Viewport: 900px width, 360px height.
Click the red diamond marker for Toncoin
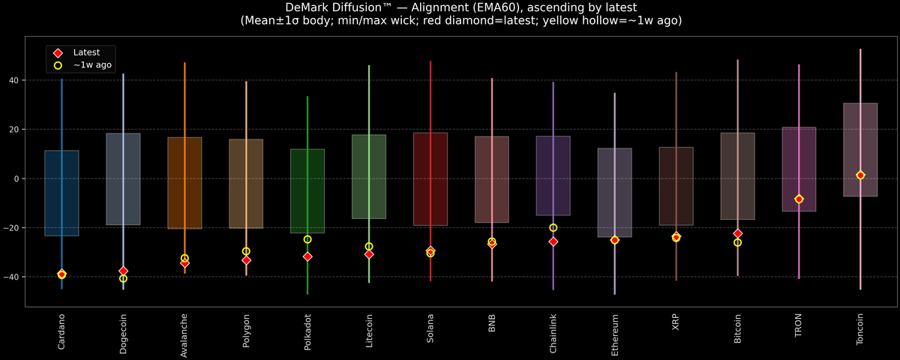click(860, 175)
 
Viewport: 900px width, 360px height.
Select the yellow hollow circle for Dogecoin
click(123, 278)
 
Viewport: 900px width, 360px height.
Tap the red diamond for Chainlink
click(553, 241)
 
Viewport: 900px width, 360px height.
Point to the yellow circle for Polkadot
click(307, 239)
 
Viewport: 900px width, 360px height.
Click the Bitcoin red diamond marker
click(738, 234)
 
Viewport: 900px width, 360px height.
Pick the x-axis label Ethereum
click(615, 334)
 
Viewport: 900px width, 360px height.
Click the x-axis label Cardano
click(61, 331)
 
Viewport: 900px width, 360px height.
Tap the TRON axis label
click(799, 325)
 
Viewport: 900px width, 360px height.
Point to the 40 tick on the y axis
click(13, 80)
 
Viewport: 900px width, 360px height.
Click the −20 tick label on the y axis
click(11, 228)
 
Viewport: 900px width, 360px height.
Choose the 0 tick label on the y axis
click(16, 178)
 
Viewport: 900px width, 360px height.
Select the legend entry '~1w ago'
click(92, 65)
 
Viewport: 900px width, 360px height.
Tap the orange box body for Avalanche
click(184, 183)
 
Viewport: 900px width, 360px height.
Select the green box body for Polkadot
click(307, 191)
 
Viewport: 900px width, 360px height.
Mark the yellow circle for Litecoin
click(369, 246)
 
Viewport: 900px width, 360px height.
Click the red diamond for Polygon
click(246, 260)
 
